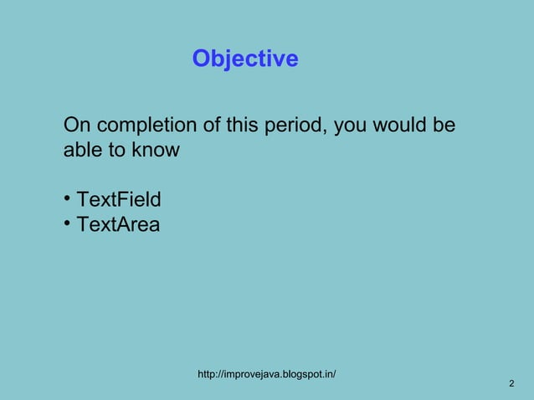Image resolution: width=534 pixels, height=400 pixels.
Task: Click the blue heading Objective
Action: pos(244,59)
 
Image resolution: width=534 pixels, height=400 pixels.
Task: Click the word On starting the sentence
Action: pos(78,126)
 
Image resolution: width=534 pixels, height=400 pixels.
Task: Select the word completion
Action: pos(146,126)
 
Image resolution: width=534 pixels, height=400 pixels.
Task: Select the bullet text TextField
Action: pos(119,201)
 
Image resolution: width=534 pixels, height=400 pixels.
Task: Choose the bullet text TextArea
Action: pos(118,224)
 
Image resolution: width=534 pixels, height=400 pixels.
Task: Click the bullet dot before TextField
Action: pos(66,199)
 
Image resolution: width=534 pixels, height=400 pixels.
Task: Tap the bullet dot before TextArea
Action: pos(66,223)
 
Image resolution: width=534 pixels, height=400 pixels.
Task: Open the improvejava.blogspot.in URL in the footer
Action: pos(266,372)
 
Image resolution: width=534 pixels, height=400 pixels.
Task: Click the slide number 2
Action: pos(511,383)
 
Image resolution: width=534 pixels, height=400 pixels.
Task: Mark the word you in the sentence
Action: pos(354,126)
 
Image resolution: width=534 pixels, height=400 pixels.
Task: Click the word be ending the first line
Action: pos(444,126)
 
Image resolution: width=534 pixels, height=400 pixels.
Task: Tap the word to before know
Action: pos(116,151)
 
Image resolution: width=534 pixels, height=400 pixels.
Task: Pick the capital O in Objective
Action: pos(201,59)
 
